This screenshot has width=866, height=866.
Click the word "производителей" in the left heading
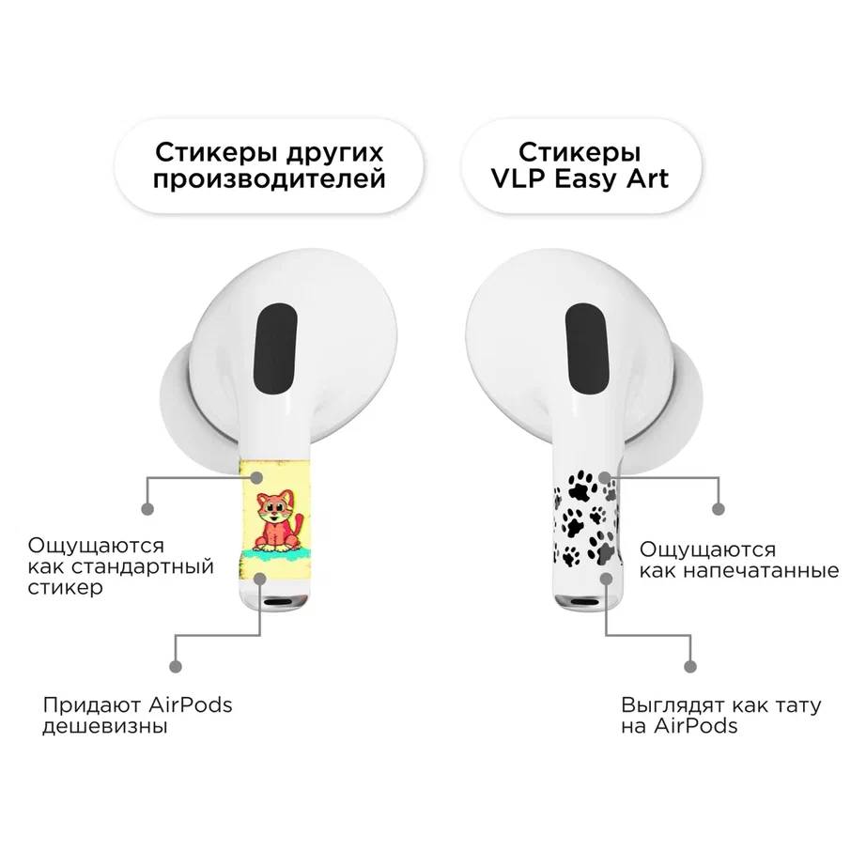pos(269,179)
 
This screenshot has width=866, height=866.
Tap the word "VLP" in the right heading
pos(518,178)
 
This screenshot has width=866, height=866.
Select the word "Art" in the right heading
pos(647,178)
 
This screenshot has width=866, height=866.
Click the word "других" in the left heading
pos(334,153)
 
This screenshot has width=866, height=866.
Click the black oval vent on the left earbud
pos(274,348)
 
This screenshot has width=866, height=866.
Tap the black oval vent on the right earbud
pos(587,348)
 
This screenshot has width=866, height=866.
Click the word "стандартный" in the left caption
pos(143,566)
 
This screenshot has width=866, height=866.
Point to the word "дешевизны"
pos(105,726)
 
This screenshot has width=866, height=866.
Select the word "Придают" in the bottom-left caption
pos(92,705)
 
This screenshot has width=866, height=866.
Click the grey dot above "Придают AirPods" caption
pos(176,666)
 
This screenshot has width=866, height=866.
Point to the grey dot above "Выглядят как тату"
pos(689,666)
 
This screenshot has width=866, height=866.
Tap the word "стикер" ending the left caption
pos(65,587)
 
